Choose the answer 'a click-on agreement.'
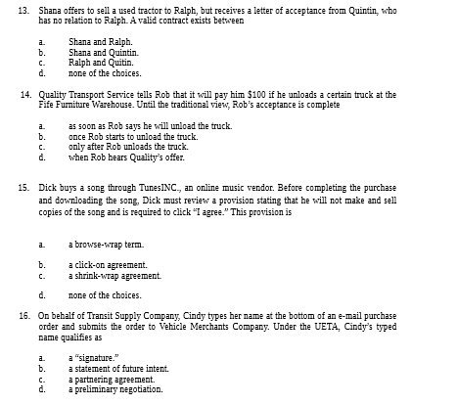(x=107, y=264)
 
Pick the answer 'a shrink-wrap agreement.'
(x=113, y=274)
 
